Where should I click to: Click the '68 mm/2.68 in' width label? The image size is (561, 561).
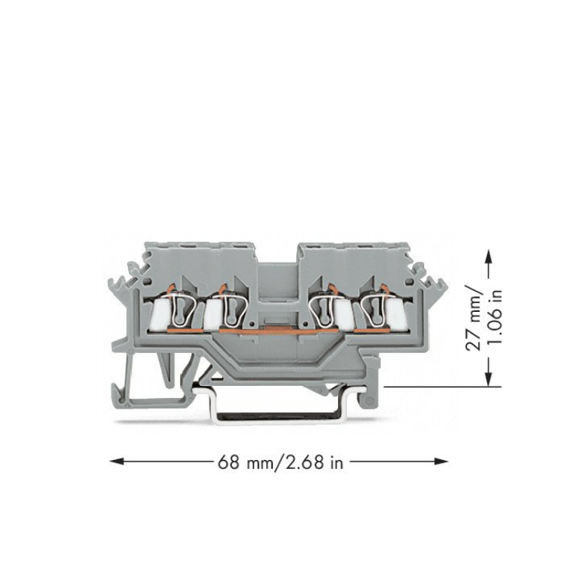[x=280, y=462]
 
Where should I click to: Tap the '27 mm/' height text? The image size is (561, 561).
[x=473, y=318]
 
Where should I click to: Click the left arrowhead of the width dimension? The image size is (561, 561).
[x=117, y=462]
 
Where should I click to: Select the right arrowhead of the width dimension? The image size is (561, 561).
[x=441, y=462]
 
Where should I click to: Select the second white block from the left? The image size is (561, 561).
[x=214, y=313]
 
